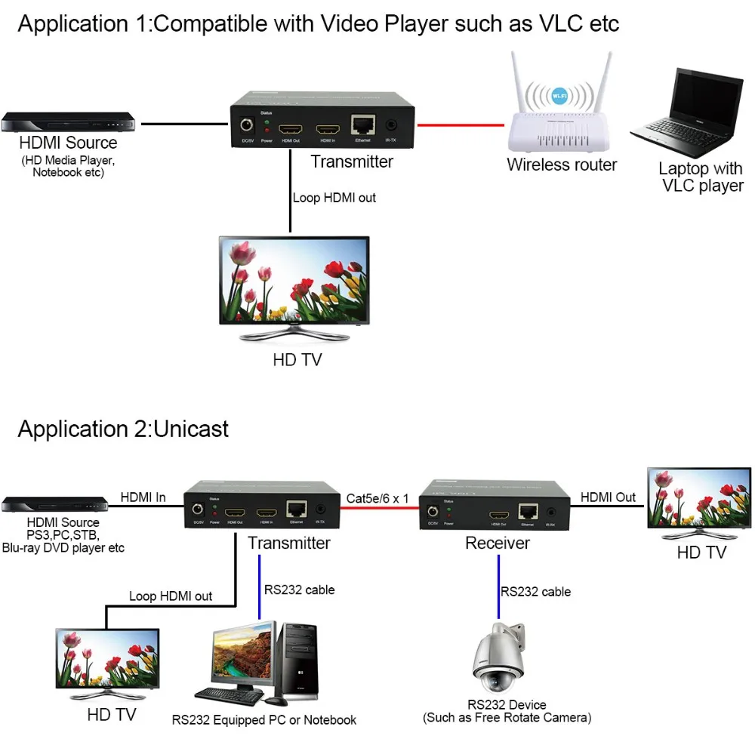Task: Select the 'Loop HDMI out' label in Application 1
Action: click(334, 198)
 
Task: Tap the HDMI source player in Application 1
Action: click(68, 123)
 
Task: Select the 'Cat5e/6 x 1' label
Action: click(377, 498)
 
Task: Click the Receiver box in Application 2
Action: click(494, 506)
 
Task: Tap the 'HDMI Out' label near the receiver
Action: click(608, 497)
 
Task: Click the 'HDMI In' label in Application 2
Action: click(143, 497)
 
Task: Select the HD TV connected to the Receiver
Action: click(699, 502)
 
